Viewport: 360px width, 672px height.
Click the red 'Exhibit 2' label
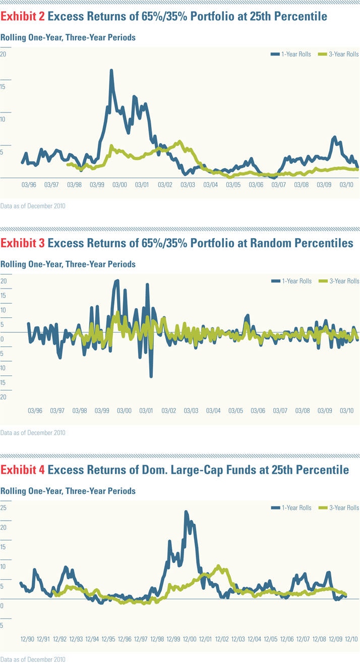click(x=22, y=17)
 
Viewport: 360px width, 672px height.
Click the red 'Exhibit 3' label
click(x=22, y=244)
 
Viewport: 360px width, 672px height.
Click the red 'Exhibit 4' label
click(x=22, y=470)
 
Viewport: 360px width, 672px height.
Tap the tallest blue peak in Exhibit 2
click(x=111, y=71)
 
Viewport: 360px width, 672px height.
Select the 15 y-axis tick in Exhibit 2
click(x=4, y=87)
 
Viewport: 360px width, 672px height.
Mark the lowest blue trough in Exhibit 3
click(x=151, y=376)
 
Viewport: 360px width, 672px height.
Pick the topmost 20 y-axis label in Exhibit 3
click(x=4, y=281)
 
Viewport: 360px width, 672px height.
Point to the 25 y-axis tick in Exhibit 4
click(x=4, y=508)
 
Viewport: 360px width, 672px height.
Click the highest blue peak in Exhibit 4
click(x=186, y=512)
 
